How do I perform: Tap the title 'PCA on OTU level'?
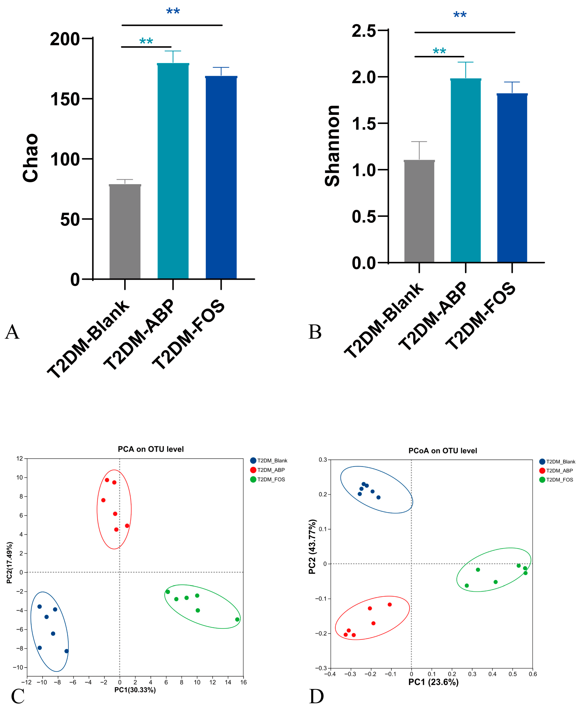(151, 449)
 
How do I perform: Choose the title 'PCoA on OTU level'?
(442, 451)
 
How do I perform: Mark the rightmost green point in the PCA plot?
(237, 619)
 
